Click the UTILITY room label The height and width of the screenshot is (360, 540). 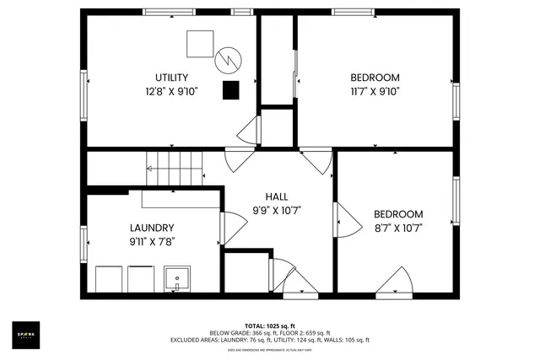click(171, 78)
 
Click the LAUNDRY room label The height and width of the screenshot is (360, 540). click(152, 228)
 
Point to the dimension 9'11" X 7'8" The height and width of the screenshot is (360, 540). click(152, 241)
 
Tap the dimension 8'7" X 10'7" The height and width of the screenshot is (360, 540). click(398, 228)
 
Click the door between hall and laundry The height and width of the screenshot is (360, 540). click(228, 229)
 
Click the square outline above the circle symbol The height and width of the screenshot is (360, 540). click(200, 43)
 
